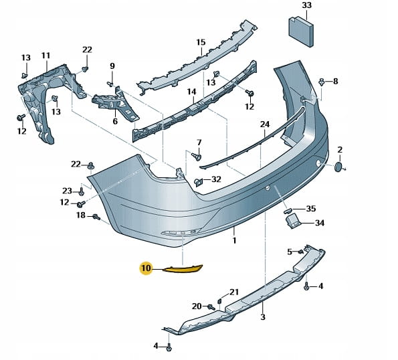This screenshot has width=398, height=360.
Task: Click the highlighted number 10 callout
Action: pos(146,268)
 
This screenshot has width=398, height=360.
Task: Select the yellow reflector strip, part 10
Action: pos(183,268)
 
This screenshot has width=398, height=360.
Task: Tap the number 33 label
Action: pos(306,5)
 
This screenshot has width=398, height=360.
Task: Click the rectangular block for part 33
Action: pos(301,31)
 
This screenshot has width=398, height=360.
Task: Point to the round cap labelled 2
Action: pos(338,167)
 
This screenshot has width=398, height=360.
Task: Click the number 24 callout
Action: pos(265,124)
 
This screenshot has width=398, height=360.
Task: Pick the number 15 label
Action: pos(201,42)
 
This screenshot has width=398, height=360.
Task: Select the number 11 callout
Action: pos(45,56)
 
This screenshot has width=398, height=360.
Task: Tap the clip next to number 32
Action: pos(198,182)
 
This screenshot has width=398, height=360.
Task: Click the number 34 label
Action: pos(320,223)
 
